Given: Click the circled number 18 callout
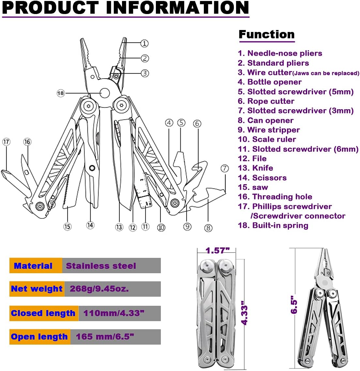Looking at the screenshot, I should [x=61, y=93].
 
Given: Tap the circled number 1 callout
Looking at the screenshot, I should [x=144, y=43].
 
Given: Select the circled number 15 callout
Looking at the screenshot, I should [x=67, y=226].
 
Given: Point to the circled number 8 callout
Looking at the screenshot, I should [x=208, y=228].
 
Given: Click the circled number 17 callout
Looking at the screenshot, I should [x=6, y=142].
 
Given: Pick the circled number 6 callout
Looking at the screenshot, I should [x=197, y=124].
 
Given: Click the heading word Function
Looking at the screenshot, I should [x=266, y=34].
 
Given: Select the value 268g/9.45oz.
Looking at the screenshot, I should [x=99, y=289].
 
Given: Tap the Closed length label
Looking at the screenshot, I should [x=43, y=313].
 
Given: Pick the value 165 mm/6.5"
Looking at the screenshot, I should [x=105, y=337].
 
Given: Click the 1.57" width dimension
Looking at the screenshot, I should [x=217, y=250].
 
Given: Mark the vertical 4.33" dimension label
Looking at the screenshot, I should [x=244, y=315].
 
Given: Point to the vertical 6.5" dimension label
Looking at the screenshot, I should [x=294, y=305].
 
